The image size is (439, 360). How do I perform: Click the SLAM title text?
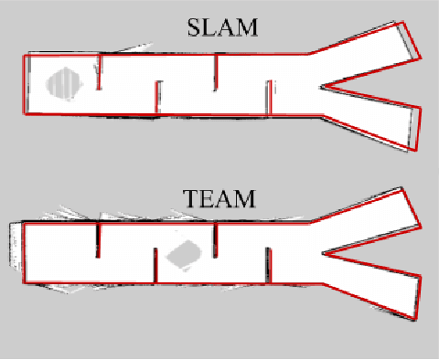click(x=222, y=28)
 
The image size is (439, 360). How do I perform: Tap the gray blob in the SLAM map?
click(x=66, y=83)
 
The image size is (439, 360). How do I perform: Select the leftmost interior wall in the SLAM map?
click(x=98, y=73)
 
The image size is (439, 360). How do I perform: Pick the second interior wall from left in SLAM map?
click(x=157, y=99)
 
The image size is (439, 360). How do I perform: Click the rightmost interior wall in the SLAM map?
click(x=269, y=98)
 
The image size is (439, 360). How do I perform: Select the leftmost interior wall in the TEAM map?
click(x=98, y=239)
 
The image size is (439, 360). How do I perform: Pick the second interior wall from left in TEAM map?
click(x=155, y=266)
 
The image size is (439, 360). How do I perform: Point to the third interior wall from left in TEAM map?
click(x=216, y=239)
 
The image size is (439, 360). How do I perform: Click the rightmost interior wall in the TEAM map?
click(x=269, y=266)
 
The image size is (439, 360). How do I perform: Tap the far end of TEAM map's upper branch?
click(x=409, y=206)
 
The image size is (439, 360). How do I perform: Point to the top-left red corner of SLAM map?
click(x=24, y=55)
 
